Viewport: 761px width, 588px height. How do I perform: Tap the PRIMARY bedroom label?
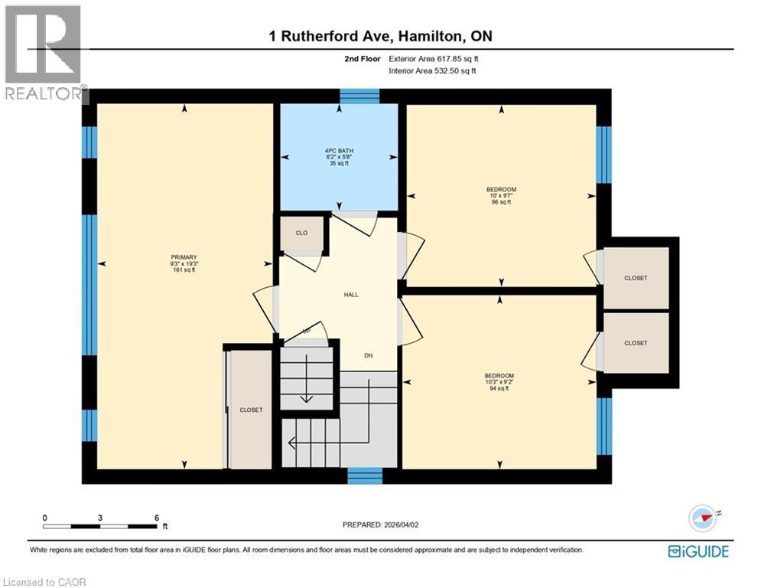[184, 257]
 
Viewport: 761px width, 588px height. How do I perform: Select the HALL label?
[350, 295]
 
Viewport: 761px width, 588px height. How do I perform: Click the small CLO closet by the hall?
[301, 233]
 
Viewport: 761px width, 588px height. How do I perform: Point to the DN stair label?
[368, 355]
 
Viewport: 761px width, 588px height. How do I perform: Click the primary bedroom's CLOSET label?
[251, 410]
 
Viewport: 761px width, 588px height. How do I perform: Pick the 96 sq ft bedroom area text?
[501, 203]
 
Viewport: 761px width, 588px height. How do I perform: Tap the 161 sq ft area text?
[184, 270]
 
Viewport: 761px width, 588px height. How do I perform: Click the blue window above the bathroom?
[359, 96]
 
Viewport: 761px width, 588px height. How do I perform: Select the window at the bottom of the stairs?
[364, 476]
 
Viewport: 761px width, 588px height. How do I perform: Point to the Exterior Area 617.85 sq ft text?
[434, 59]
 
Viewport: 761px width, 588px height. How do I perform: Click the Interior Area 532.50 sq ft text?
[433, 71]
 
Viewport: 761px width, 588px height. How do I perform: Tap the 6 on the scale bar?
[157, 518]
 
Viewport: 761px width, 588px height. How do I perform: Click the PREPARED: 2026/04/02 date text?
[381, 524]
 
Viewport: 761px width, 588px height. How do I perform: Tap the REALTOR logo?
[44, 52]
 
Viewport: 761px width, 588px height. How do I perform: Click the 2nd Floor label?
[362, 59]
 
